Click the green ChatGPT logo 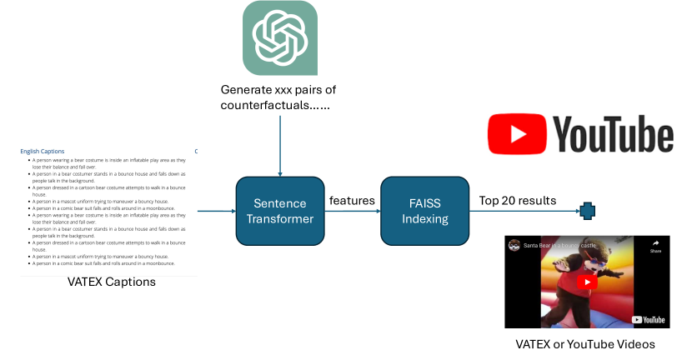point(279,38)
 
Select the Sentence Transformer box point(279,212)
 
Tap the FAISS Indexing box point(424,212)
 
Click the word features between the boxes point(351,201)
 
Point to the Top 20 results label point(517,201)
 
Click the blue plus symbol point(586,212)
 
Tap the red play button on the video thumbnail point(587,282)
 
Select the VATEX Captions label point(111,282)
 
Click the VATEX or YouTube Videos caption point(584,343)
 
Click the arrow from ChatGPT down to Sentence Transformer point(279,146)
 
